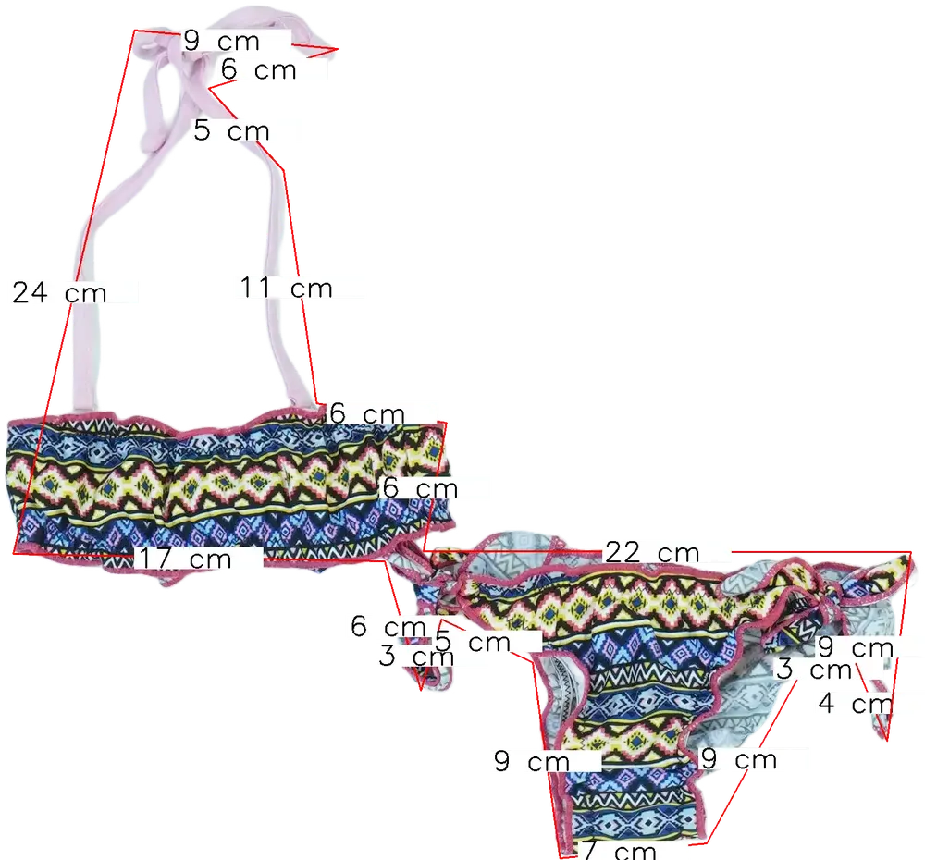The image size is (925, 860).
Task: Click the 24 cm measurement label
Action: point(60,293)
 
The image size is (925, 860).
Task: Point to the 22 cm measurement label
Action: point(651,552)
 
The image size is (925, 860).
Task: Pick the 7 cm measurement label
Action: point(620,849)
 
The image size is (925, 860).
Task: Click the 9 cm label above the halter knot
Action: point(222,41)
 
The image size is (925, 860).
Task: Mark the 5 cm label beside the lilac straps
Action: point(230,130)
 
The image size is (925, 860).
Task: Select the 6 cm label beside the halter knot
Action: point(259,69)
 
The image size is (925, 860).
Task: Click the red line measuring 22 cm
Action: point(814,551)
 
